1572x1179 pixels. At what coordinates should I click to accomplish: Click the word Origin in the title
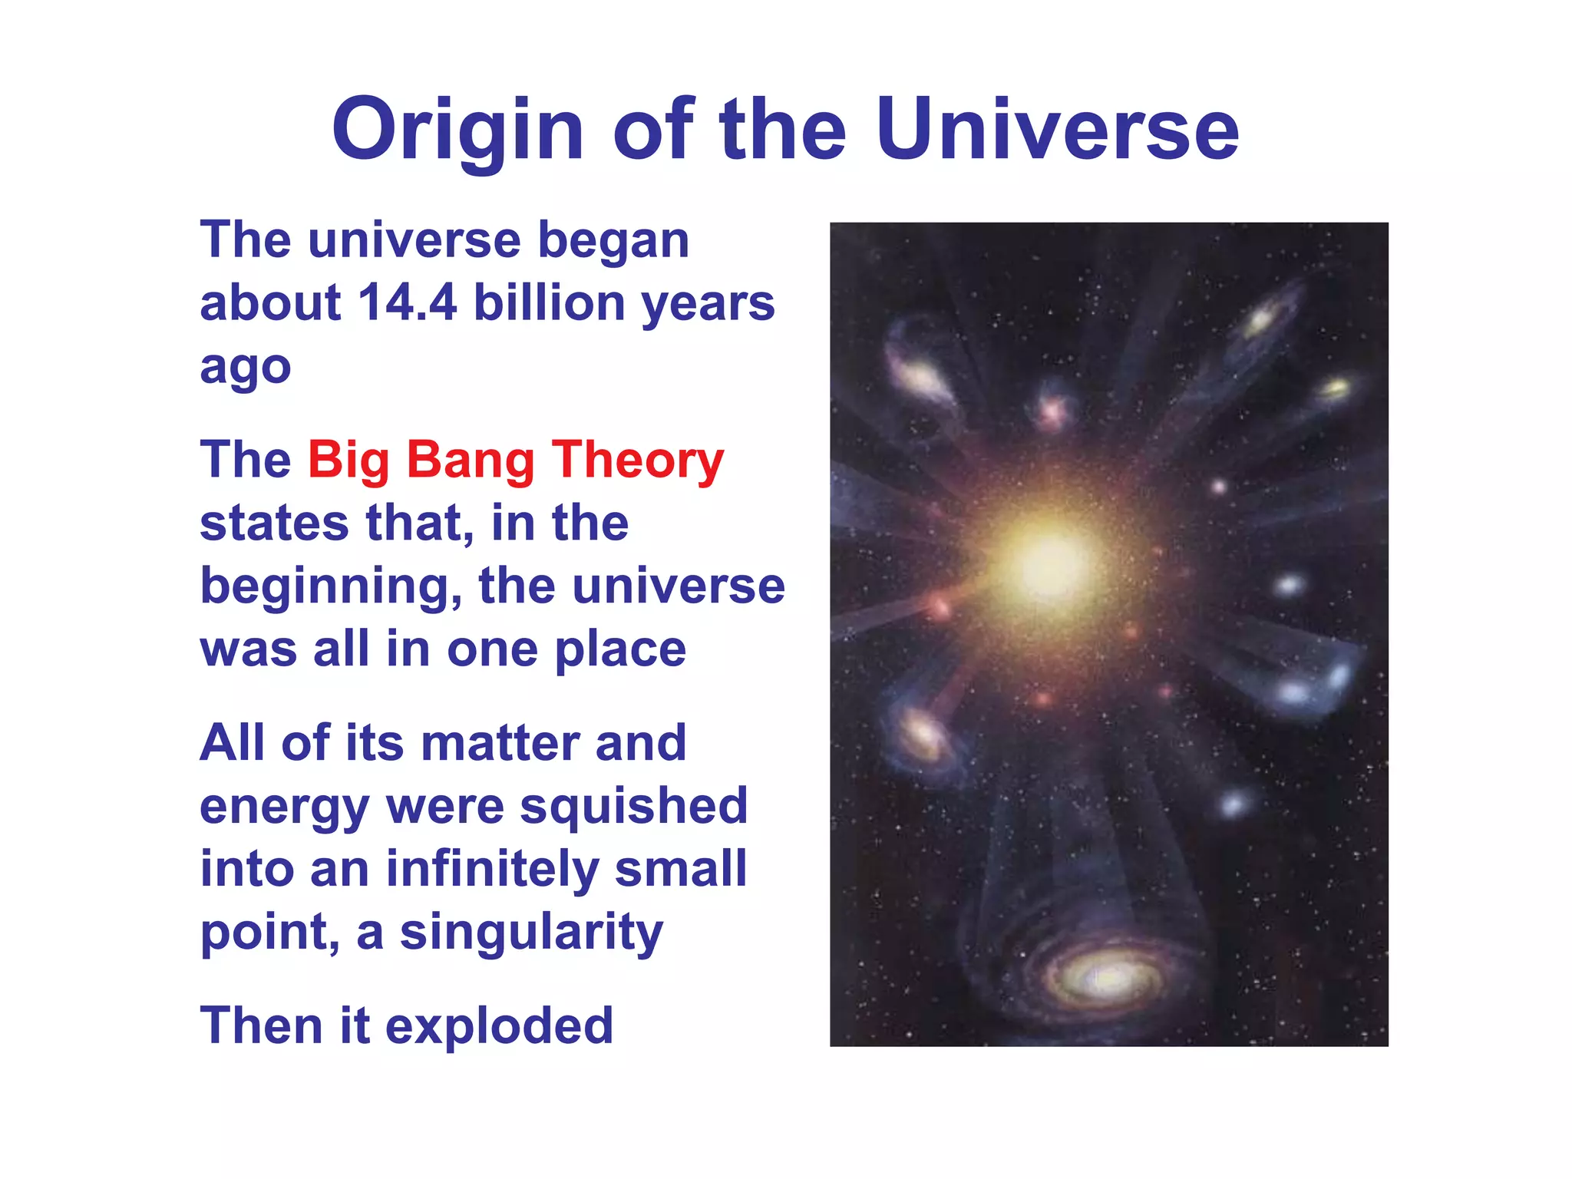click(x=458, y=130)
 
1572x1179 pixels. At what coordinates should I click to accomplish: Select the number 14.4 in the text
click(x=407, y=302)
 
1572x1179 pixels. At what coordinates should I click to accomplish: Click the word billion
click(x=549, y=302)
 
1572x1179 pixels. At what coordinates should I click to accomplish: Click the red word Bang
click(x=470, y=461)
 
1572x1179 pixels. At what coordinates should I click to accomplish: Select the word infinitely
click(x=492, y=870)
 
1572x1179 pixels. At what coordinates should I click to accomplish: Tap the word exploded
click(x=499, y=1026)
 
